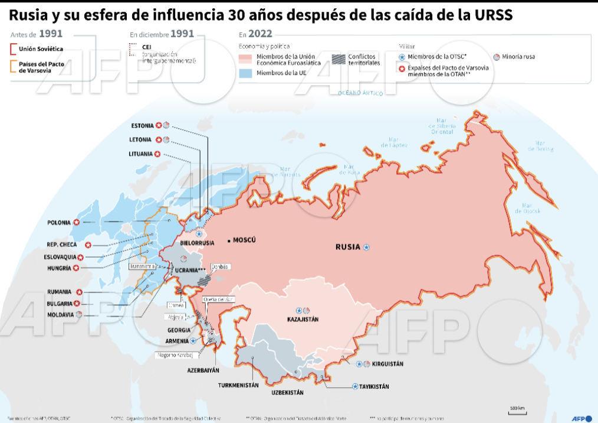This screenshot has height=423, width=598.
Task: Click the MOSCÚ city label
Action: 245,240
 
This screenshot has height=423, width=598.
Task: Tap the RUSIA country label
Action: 347,247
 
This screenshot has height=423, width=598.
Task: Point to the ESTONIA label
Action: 143,125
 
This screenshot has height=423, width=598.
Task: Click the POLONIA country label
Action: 59,223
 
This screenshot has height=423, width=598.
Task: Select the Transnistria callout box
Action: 142,266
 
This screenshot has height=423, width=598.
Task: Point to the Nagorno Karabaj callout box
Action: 175,355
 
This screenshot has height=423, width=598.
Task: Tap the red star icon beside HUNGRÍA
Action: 76,268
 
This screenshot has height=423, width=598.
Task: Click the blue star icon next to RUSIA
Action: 366,247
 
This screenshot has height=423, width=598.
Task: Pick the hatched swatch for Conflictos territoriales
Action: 339,58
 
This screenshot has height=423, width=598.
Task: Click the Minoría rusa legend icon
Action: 497,57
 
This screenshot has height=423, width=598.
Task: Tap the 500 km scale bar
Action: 518,411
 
